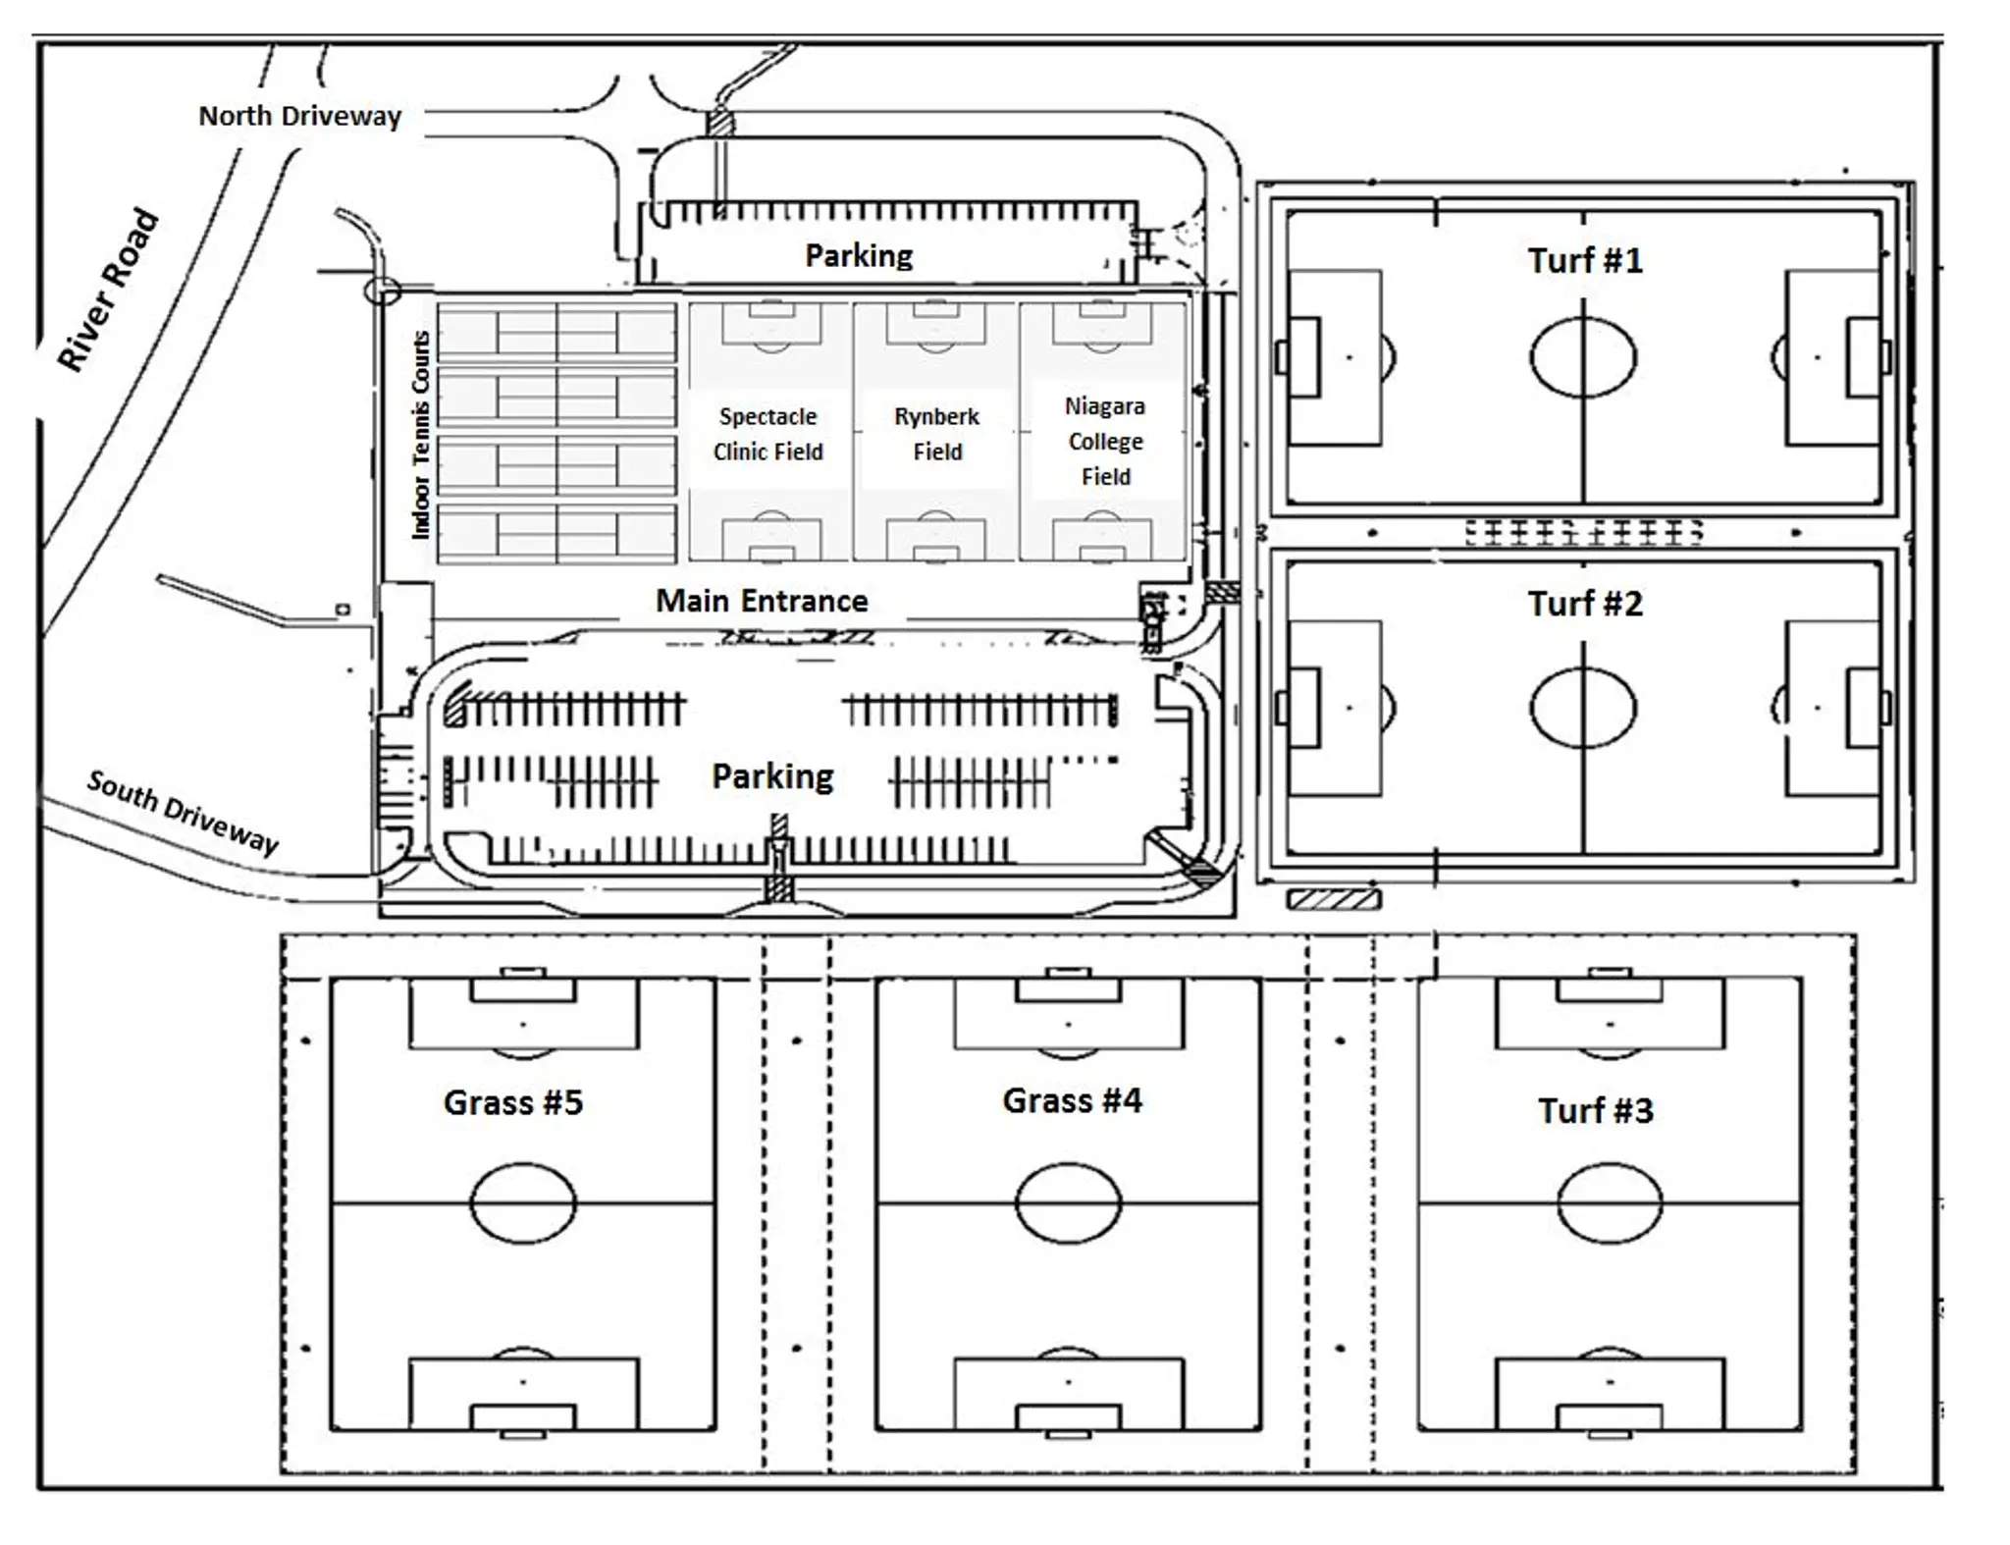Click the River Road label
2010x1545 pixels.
(108, 290)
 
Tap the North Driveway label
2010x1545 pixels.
(300, 117)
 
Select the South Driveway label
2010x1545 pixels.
(183, 812)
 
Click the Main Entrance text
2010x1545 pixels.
(762, 601)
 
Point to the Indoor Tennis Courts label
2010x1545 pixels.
(421, 435)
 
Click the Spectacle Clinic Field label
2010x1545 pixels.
(767, 434)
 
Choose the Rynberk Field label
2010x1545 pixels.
(936, 434)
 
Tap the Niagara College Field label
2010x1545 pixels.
(1105, 441)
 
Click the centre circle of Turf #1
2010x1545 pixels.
(1582, 357)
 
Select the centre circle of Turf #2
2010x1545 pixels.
(1582, 708)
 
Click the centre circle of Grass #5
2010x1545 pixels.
(523, 1202)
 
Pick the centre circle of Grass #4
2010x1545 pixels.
(1068, 1202)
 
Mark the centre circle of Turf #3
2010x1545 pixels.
(1610, 1202)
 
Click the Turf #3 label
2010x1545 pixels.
(1595, 1111)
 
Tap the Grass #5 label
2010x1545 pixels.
(513, 1102)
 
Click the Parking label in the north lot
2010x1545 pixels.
(859, 256)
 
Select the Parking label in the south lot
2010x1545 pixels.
(772, 776)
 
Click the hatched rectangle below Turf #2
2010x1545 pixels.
(1333, 898)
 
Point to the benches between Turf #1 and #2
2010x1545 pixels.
(1583, 533)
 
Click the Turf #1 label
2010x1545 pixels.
(1584, 261)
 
